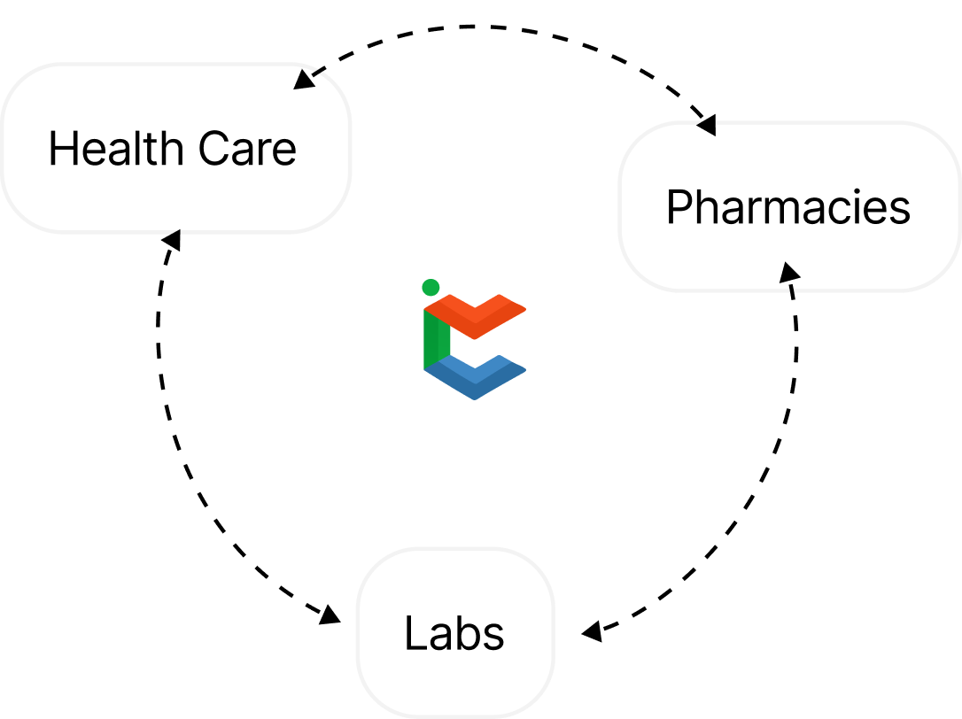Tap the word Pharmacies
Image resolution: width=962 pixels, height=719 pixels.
(787, 207)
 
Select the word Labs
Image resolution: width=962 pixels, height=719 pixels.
(454, 633)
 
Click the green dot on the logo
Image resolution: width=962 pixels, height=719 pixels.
(431, 287)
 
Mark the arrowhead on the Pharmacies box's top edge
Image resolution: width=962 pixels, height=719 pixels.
(706, 127)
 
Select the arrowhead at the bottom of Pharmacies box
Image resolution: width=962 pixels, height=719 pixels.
(788, 272)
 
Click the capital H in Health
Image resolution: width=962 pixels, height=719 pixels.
(61, 149)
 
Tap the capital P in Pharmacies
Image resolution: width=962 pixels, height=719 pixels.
(678, 207)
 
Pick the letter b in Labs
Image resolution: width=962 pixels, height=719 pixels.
(464, 633)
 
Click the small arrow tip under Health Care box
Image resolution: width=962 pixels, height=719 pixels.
(175, 234)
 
